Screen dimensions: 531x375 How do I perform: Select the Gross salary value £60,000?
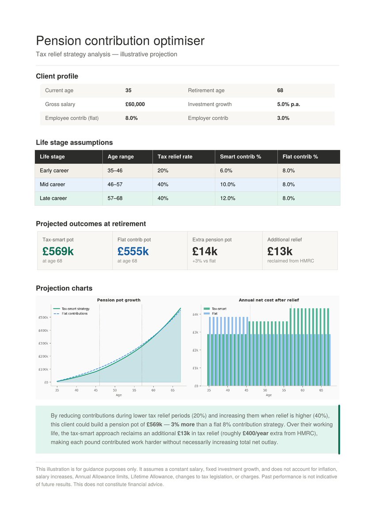135,104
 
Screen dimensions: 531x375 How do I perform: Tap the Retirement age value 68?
280,90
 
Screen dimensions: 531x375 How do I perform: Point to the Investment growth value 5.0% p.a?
288,104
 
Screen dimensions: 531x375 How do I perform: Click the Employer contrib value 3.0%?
283,118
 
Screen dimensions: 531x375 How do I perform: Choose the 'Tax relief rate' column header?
175,157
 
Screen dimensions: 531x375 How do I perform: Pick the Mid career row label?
52,185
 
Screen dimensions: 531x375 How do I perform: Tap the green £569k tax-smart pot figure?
58,251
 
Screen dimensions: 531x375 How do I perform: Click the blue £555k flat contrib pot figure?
133,251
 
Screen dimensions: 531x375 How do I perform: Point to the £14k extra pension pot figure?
205,251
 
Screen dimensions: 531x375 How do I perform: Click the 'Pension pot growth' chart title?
119,300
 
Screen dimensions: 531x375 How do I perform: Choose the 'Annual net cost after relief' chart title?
269,300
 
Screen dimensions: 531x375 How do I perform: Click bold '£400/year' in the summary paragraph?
255,433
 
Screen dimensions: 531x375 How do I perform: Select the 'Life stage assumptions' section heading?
74,142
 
